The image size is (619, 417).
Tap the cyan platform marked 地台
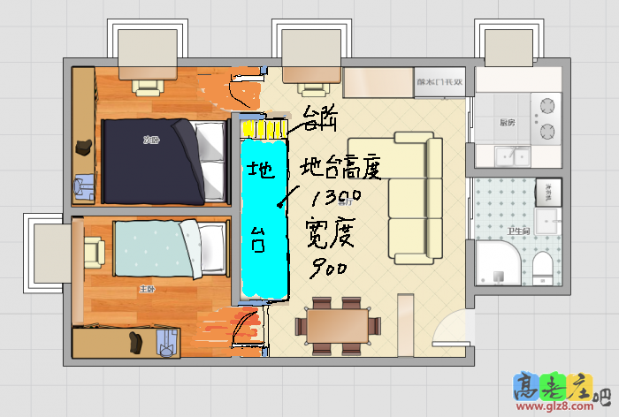coord(264,217)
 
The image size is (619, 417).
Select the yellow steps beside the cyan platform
coord(264,130)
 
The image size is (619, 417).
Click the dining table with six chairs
coord(337,323)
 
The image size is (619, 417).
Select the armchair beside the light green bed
coord(93,253)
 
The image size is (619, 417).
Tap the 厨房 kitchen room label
coord(507,123)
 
